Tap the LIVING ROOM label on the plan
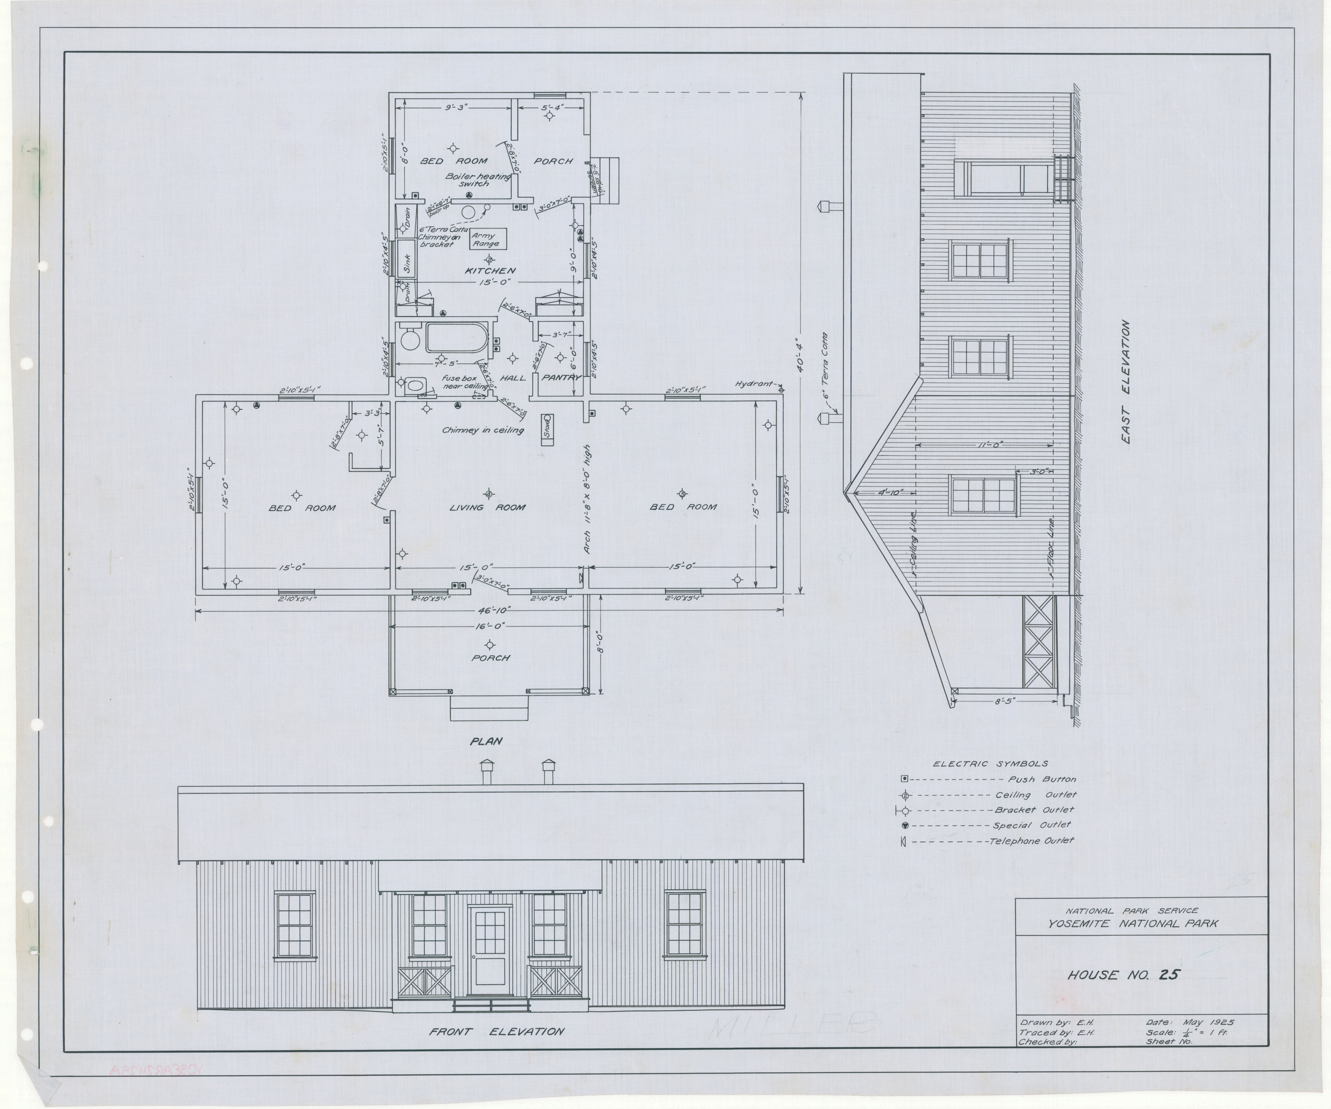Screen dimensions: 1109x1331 pyautogui.click(x=487, y=507)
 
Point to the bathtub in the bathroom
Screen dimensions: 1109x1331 pyautogui.click(x=456, y=338)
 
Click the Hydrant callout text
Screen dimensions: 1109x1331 pyautogui.click(x=754, y=384)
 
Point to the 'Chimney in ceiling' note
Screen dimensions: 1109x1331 pyautogui.click(x=483, y=430)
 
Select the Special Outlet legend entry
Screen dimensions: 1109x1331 pyautogui.click(x=1031, y=825)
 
